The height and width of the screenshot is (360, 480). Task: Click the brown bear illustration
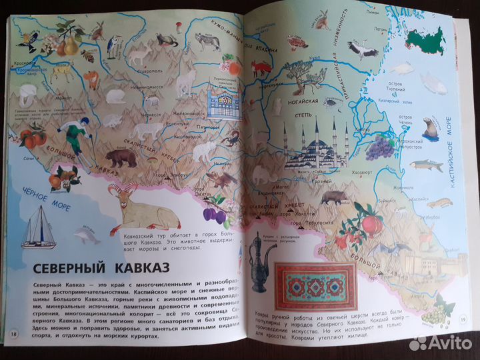click(x=122, y=159)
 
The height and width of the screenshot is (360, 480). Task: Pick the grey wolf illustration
click(x=208, y=41)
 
